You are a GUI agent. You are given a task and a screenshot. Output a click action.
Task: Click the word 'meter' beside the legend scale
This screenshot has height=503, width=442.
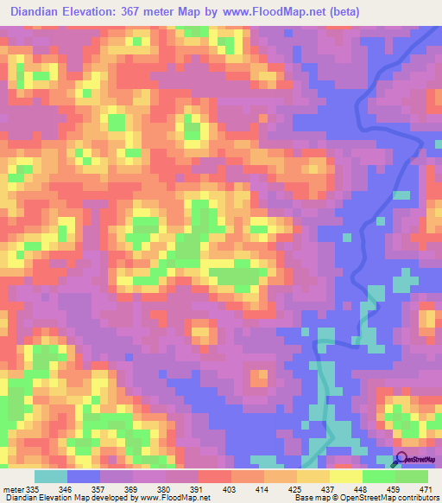12,488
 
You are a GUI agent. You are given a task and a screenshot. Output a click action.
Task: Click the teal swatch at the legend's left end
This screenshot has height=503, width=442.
51,476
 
